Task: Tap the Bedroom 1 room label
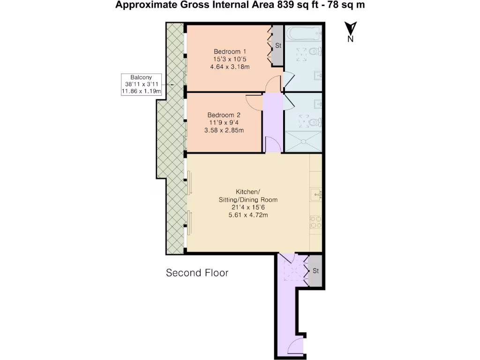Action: (230, 52)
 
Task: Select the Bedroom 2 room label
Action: (224, 115)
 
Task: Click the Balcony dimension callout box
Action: (141, 84)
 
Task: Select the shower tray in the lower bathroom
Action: (303, 141)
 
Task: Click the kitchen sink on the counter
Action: (316, 195)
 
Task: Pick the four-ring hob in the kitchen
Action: (316, 223)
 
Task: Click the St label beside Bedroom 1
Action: (278, 45)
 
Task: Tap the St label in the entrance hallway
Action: (315, 271)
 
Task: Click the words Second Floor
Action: (197, 273)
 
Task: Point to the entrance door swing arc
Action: (293, 342)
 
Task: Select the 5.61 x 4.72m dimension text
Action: (248, 215)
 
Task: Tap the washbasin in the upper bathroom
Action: (318, 75)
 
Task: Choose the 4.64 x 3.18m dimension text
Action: (230, 67)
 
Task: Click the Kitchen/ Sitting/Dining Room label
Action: (248, 195)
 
